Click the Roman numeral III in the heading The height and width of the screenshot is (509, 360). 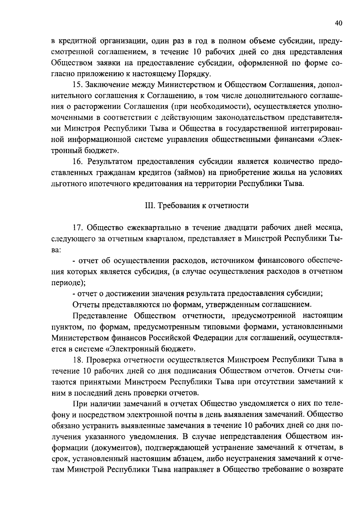tap(147, 206)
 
